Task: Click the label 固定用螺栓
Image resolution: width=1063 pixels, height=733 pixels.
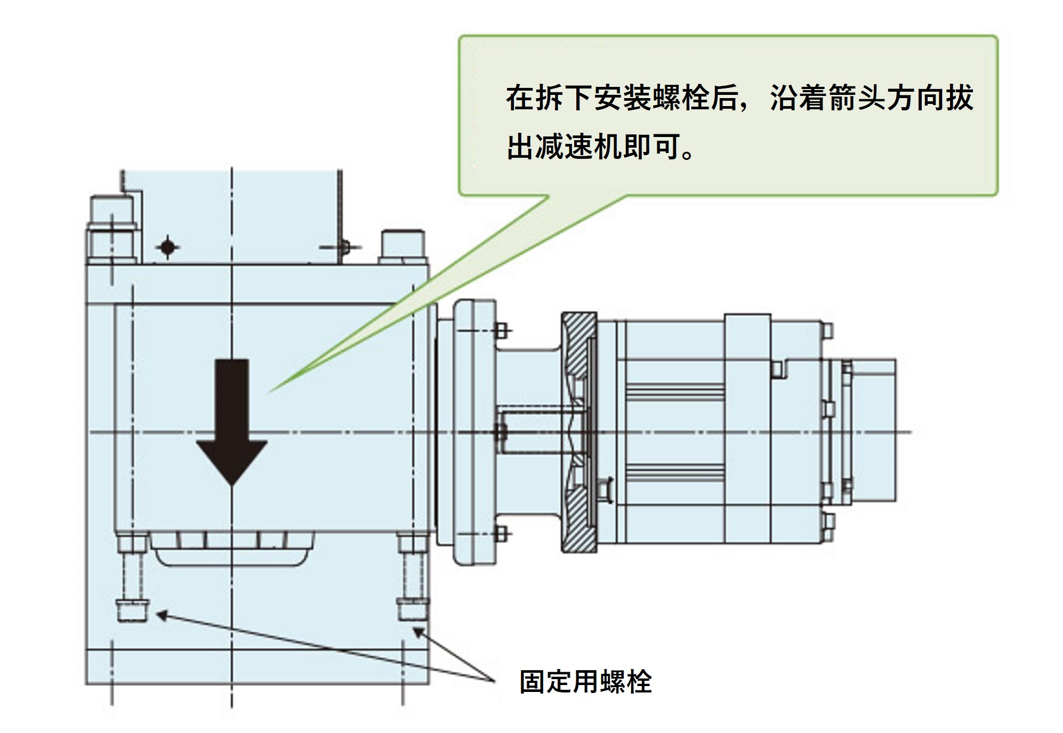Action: [x=585, y=682]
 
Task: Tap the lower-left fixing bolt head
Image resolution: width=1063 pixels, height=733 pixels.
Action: [x=131, y=609]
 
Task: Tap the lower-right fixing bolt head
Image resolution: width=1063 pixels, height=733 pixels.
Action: [x=413, y=609]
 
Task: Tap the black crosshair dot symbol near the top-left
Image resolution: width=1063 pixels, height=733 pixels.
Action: [x=168, y=247]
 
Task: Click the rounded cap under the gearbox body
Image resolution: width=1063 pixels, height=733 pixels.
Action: [x=232, y=554]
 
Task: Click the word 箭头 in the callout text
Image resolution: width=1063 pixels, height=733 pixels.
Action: [x=842, y=98]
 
